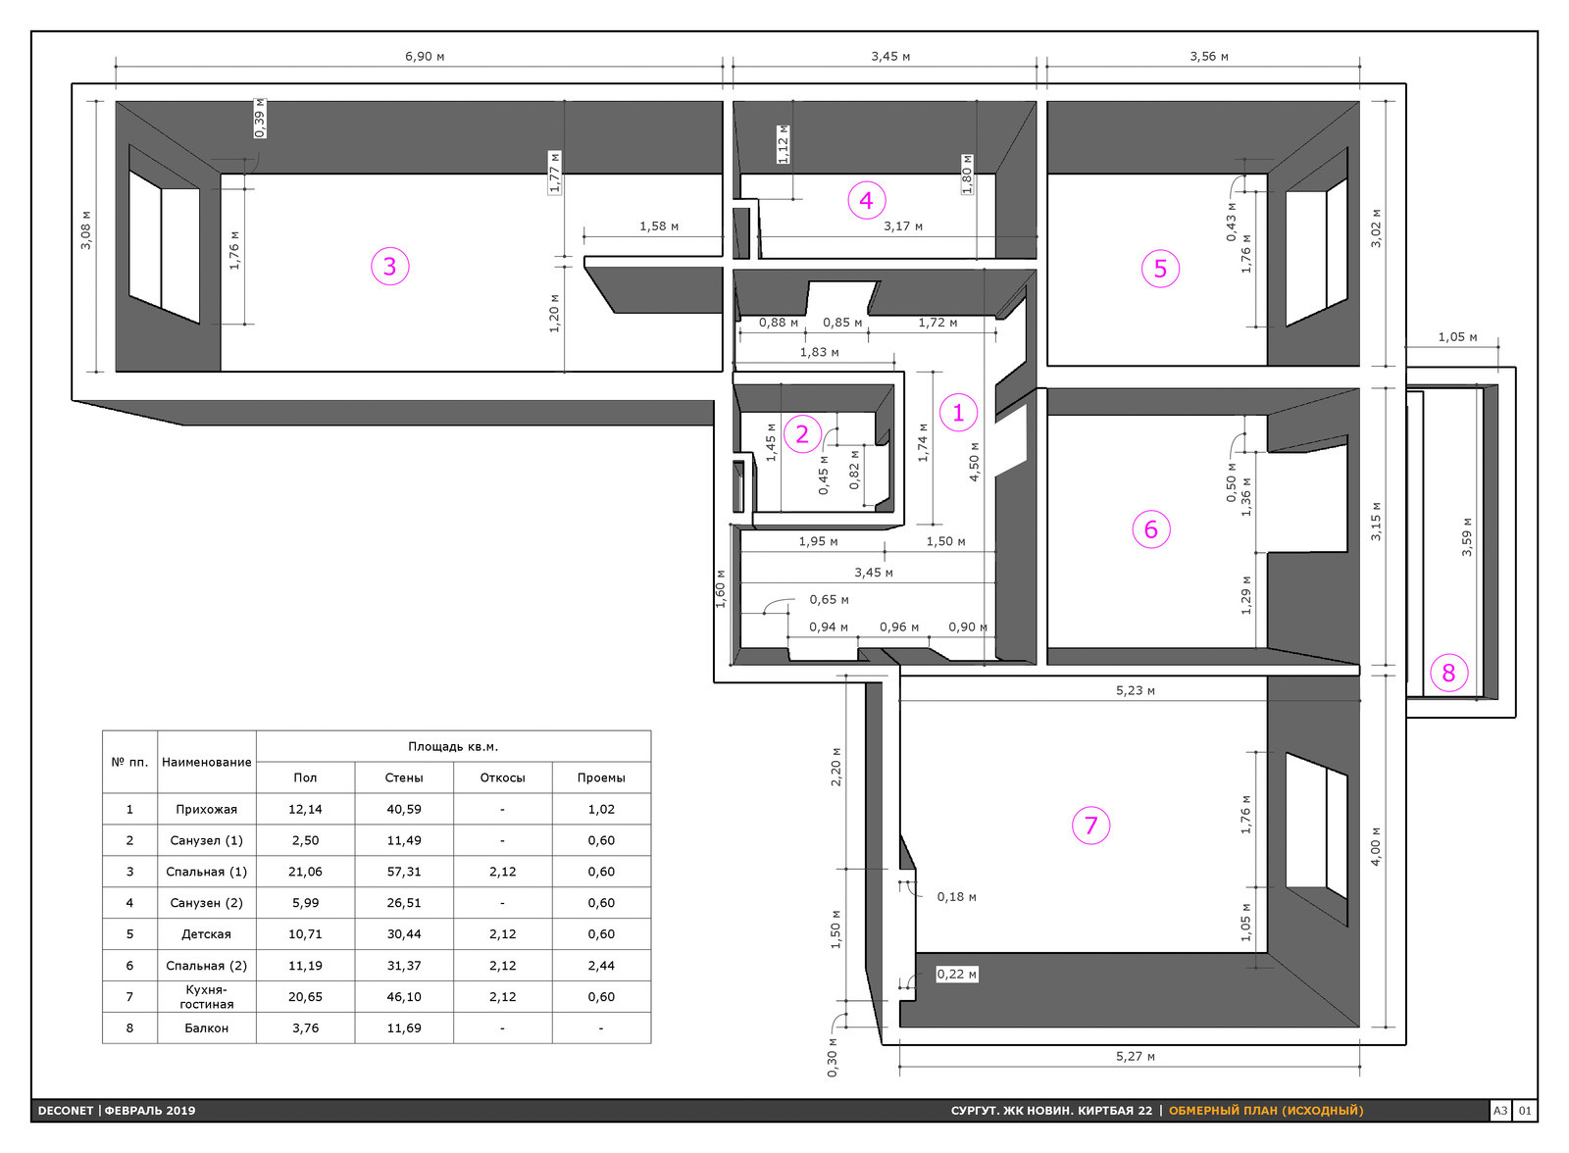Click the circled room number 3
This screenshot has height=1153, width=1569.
389,266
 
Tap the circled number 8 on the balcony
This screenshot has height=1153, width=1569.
1447,674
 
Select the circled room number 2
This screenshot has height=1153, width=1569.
802,434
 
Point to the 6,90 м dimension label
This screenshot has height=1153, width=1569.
425,56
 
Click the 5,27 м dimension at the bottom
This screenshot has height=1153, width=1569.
1135,1056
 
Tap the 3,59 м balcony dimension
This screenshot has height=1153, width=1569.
1467,537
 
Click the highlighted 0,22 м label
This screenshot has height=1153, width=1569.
957,974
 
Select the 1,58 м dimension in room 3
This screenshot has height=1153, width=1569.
658,226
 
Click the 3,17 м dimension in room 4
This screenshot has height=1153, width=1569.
903,226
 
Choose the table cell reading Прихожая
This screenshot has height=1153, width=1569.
206,809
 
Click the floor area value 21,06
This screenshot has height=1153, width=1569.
305,872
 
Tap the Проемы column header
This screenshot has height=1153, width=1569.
601,777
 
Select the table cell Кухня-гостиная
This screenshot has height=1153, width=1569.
206,996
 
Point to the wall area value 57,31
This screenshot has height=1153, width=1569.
404,872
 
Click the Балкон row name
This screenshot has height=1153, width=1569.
206,1028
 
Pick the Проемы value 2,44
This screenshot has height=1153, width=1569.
601,966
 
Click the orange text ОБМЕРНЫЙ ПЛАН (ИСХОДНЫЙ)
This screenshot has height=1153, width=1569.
1266,1110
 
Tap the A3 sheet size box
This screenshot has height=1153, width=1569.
1499,1110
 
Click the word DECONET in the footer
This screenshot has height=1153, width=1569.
65,1110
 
